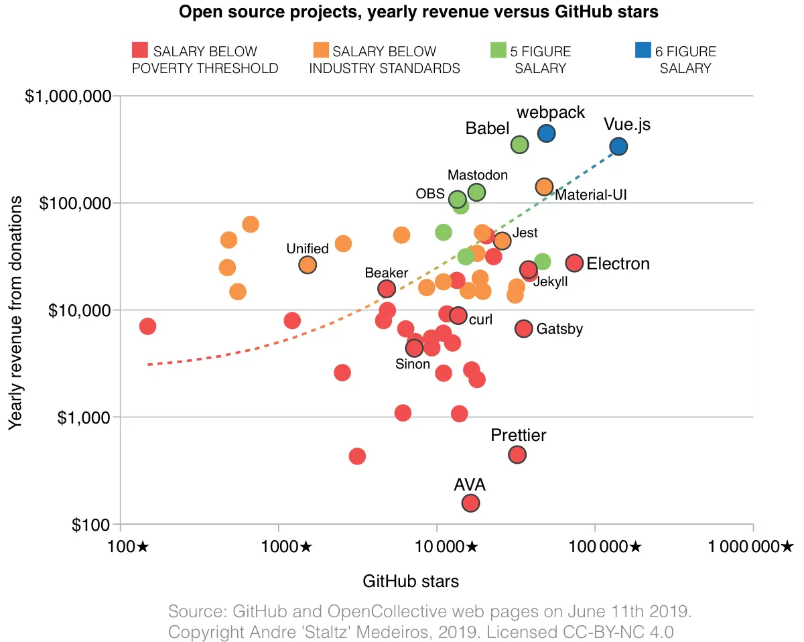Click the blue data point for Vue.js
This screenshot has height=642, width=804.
(x=618, y=146)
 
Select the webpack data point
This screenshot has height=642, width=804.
(x=546, y=133)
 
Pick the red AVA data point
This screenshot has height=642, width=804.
(x=470, y=503)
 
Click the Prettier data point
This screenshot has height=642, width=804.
(x=517, y=454)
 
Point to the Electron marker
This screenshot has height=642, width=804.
(x=574, y=263)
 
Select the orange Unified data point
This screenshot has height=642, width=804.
(x=308, y=265)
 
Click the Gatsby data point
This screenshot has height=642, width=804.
(x=523, y=328)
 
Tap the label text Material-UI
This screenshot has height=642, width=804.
(x=591, y=195)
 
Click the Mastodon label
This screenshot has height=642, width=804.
(x=477, y=175)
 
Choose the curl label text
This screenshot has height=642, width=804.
(x=480, y=320)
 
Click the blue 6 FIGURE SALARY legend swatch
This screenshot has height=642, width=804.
(x=642, y=50)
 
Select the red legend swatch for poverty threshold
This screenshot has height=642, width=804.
(x=139, y=50)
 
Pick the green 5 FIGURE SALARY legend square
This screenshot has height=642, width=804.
(x=498, y=50)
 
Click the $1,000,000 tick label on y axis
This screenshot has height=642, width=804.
(x=68, y=96)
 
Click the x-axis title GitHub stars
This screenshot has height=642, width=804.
(x=411, y=581)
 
